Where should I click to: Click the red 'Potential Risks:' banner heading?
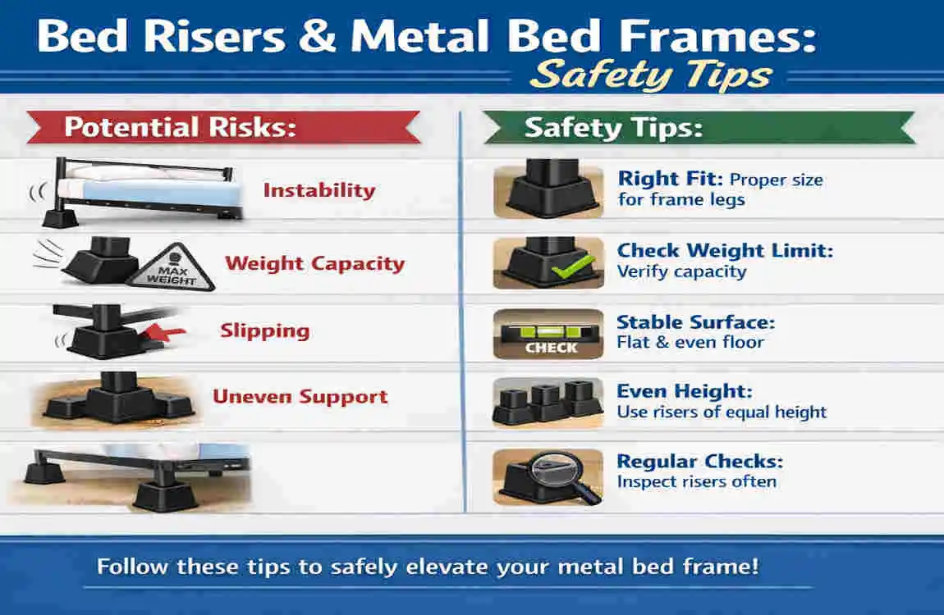pyautogui.click(x=180, y=128)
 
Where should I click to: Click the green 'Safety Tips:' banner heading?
pyautogui.click(x=613, y=128)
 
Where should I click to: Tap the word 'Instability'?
pyautogui.click(x=318, y=190)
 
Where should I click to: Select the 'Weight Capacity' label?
pyautogui.click(x=315, y=263)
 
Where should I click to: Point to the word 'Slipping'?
pyautogui.click(x=264, y=330)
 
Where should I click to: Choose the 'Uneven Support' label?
pyautogui.click(x=300, y=397)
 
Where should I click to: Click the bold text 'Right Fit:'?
pyautogui.click(x=671, y=179)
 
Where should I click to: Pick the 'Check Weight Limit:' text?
pyautogui.click(x=725, y=250)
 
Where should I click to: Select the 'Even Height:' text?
pyautogui.click(x=684, y=391)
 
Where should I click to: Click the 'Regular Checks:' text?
pyautogui.click(x=699, y=461)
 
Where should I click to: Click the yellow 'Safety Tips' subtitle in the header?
pyautogui.click(x=651, y=75)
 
